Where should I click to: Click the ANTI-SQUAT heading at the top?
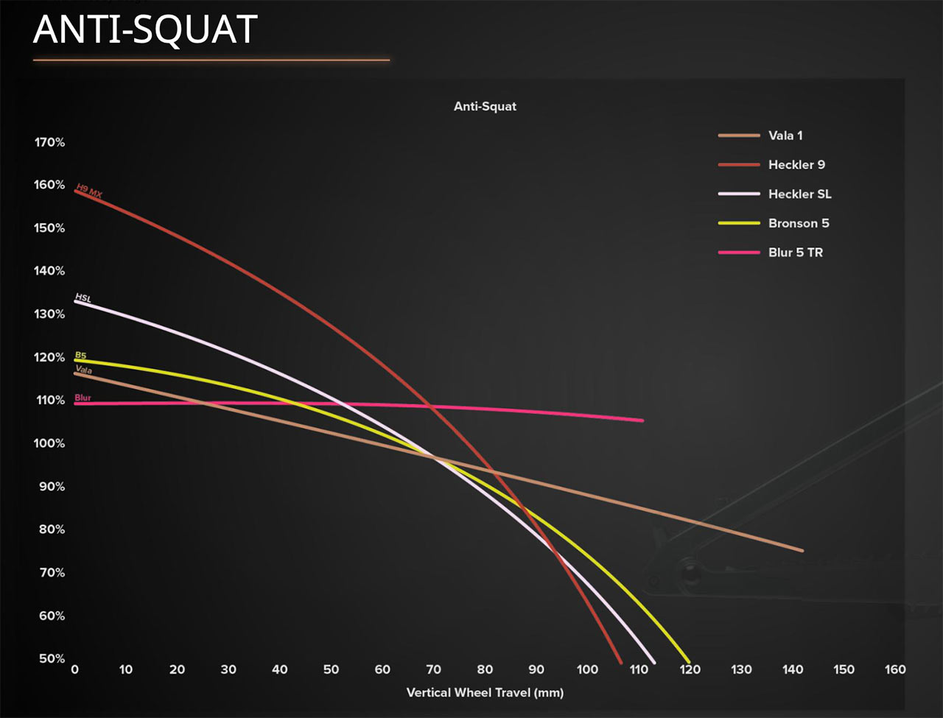click(x=145, y=29)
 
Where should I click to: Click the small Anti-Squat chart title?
click(x=485, y=106)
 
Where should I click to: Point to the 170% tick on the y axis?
click(x=49, y=142)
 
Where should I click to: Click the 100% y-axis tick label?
click(x=49, y=443)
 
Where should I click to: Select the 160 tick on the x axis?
click(x=895, y=669)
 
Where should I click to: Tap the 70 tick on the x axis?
click(x=434, y=669)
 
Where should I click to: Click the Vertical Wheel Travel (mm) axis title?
click(x=485, y=692)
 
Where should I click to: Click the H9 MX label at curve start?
click(x=89, y=191)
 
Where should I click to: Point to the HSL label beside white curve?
click(x=83, y=298)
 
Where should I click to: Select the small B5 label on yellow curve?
click(x=81, y=355)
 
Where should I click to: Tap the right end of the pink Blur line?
click(x=642, y=420)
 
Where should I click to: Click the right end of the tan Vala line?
click(x=802, y=550)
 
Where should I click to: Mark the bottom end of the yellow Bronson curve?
click(x=688, y=661)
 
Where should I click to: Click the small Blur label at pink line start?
click(x=83, y=398)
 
